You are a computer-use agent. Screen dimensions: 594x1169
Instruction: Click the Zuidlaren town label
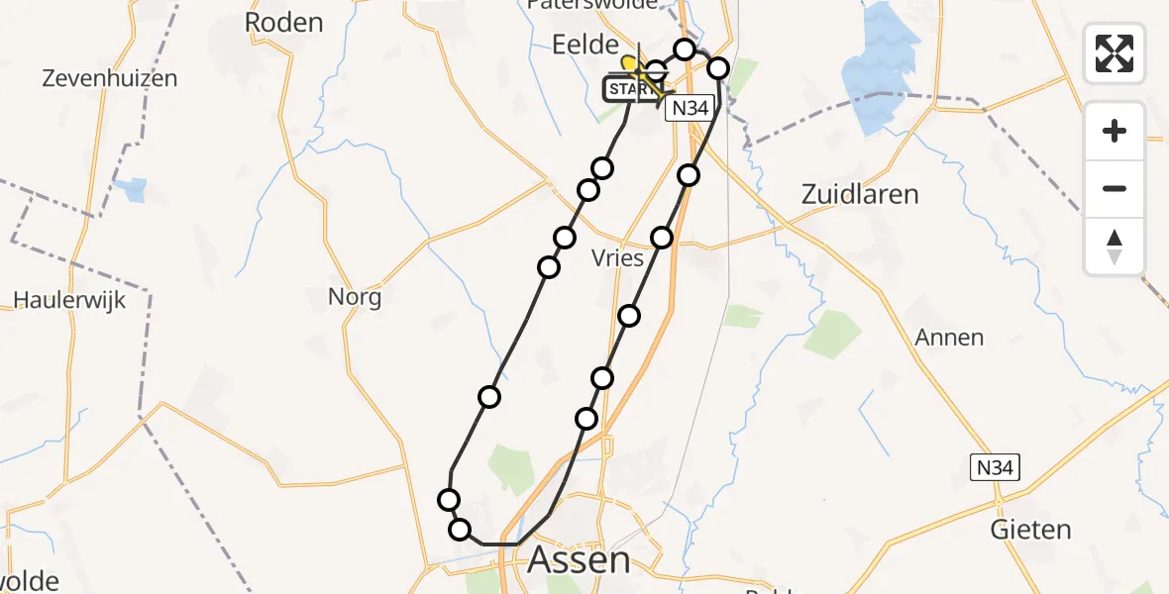click(x=860, y=194)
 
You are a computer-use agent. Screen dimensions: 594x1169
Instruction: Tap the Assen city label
click(x=579, y=560)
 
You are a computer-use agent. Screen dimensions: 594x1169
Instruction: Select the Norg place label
click(x=355, y=296)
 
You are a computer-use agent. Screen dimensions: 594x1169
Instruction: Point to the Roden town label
click(x=284, y=23)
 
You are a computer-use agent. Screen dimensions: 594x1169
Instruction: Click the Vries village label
click(x=617, y=257)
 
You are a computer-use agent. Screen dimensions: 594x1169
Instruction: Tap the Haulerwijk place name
click(x=69, y=299)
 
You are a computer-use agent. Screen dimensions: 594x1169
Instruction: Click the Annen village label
click(x=949, y=338)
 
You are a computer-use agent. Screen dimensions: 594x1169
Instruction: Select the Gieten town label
click(x=1030, y=530)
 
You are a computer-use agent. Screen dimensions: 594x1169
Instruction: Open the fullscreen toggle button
click(x=1115, y=52)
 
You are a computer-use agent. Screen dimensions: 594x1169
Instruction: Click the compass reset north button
click(x=1115, y=247)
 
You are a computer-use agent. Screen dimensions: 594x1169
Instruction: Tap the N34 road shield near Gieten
click(x=994, y=467)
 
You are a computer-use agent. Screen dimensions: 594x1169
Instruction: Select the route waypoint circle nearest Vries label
click(x=662, y=238)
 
